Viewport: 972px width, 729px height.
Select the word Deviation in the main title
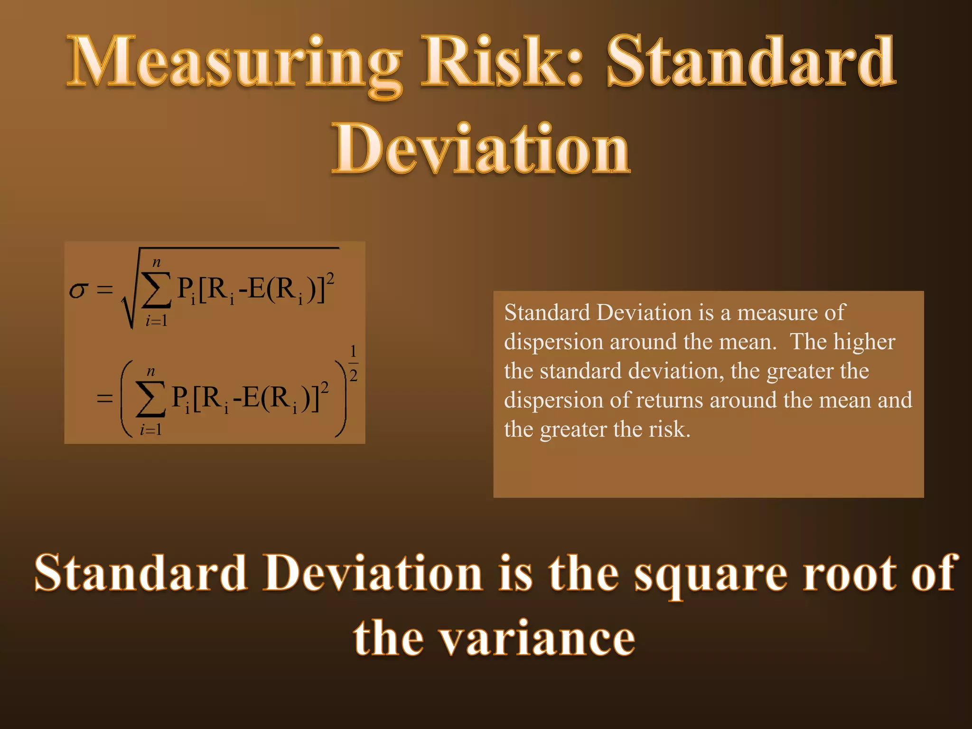tap(481, 148)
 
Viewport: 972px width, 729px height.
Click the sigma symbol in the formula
tap(78, 290)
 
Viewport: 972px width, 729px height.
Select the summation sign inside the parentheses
tap(150, 399)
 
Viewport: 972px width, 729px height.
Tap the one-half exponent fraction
tap(353, 364)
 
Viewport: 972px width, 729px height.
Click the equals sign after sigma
tap(105, 290)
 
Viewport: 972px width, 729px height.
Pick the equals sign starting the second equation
tap(105, 398)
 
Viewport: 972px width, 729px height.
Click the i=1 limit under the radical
tap(157, 321)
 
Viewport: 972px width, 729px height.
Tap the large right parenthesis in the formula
tap(341, 398)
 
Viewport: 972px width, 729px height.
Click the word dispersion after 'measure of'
tap(553, 342)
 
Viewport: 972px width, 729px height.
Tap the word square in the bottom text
tap(710, 574)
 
